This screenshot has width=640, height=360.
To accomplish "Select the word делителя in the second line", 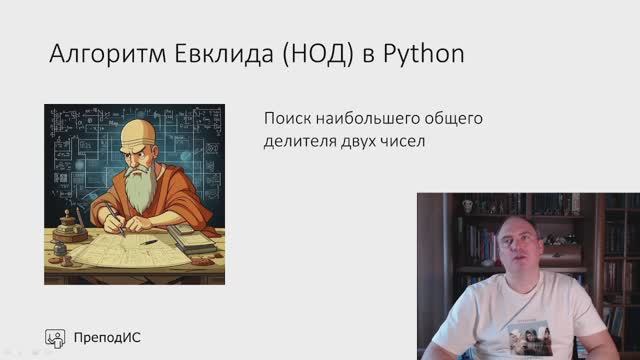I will [x=300, y=141].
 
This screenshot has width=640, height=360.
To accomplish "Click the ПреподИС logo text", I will [x=107, y=337].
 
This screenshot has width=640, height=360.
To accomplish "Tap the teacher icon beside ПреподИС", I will [x=56, y=337].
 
